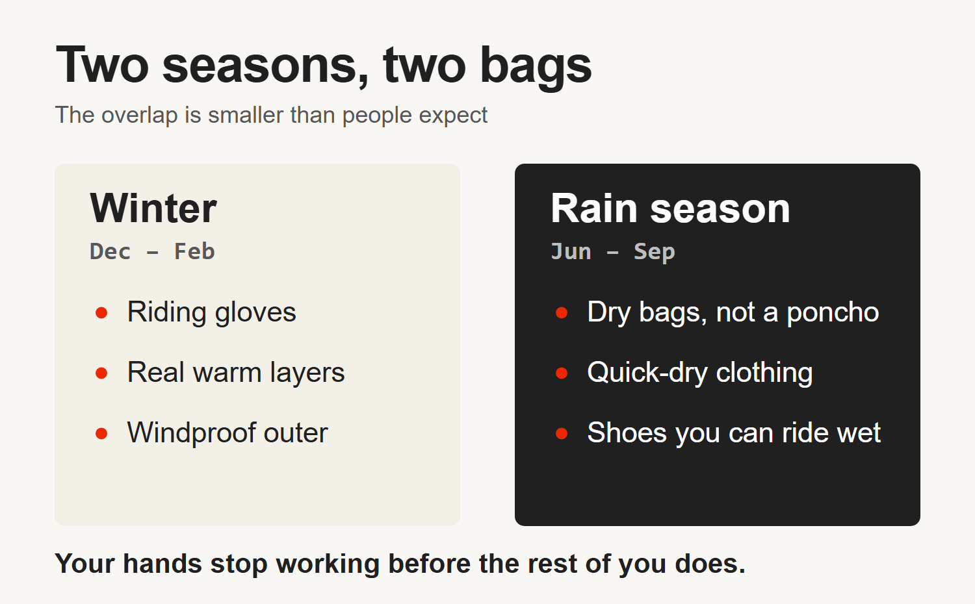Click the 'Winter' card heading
[x=153, y=208]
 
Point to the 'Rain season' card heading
[x=670, y=208]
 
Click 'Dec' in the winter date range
[x=110, y=251]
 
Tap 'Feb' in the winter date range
[x=194, y=251]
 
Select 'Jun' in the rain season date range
[x=571, y=251]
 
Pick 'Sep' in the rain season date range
[x=655, y=252]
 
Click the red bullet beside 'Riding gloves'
[x=101, y=312]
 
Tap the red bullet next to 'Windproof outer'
[x=101, y=434]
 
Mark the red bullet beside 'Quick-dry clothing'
[x=562, y=373]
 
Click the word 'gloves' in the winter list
[x=255, y=313]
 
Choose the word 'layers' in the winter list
[x=307, y=373]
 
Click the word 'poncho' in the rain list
[x=833, y=313]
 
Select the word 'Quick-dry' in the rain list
[x=647, y=373]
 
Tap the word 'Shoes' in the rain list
[x=627, y=433]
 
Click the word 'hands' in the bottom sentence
[x=162, y=564]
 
